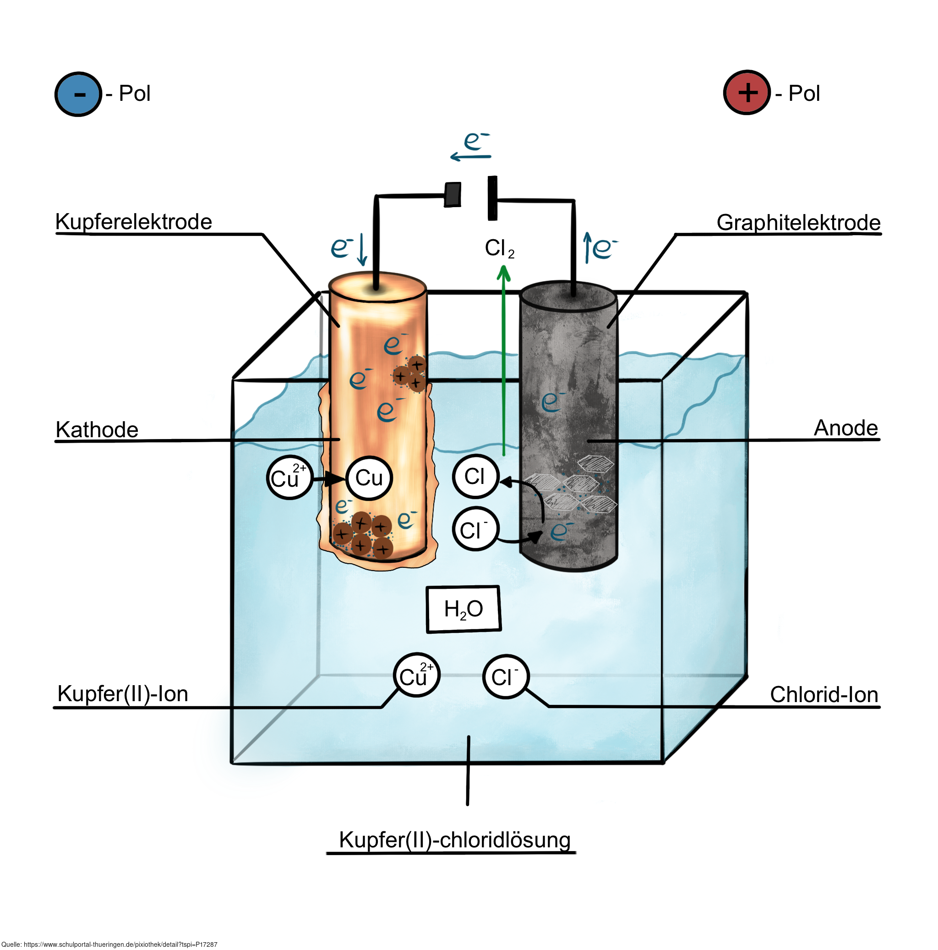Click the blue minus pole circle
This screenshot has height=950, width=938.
tap(78, 93)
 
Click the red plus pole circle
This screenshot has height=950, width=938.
tap(746, 93)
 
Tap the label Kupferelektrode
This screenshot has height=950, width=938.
tap(133, 222)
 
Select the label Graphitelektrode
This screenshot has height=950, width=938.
tap(798, 223)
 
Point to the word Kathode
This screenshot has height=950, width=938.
tap(97, 430)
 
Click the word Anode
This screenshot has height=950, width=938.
tap(845, 428)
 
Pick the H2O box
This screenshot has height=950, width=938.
tap(463, 609)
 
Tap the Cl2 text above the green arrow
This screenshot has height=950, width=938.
tap(499, 248)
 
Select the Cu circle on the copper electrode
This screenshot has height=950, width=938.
tap(369, 478)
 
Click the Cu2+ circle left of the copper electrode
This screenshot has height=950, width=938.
tap(289, 478)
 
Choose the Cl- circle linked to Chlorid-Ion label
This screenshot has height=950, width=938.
tap(505, 676)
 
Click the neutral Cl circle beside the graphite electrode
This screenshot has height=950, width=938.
tap(474, 477)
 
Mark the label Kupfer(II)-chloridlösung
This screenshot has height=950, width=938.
tap(454, 840)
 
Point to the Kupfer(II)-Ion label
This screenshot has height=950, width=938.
tap(123, 694)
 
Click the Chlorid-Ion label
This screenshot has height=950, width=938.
tap(823, 695)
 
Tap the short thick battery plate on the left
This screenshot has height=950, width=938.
tap(452, 195)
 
